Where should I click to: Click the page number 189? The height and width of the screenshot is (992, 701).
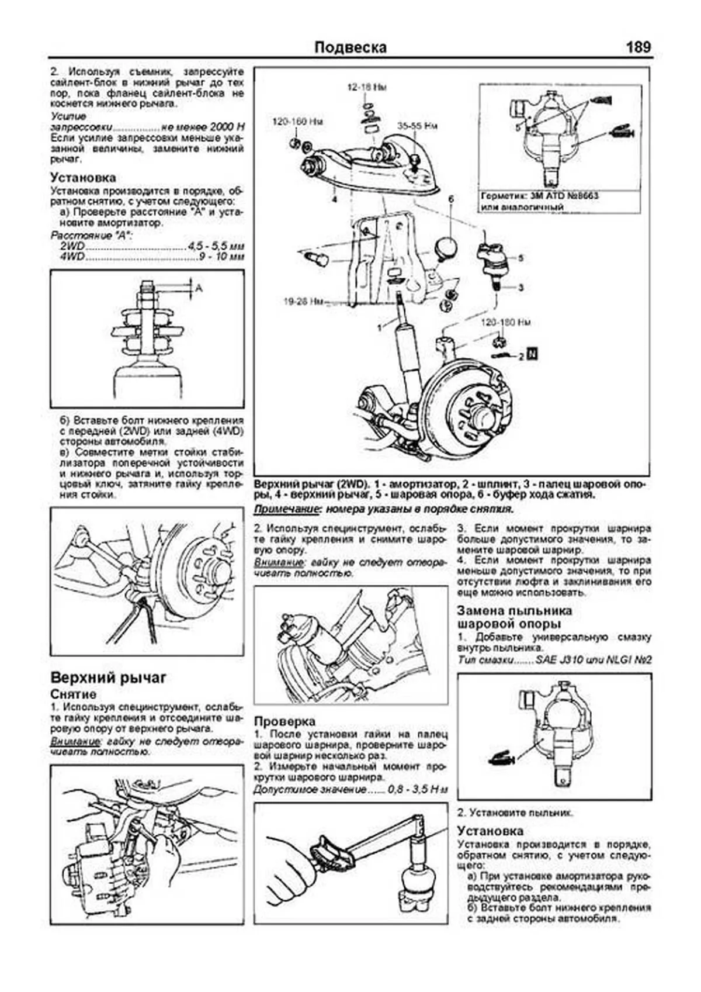(638, 47)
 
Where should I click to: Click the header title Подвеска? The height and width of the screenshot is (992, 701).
(350, 47)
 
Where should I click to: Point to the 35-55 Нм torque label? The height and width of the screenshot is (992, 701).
(417, 126)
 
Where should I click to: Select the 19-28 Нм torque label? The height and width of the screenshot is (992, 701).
(304, 302)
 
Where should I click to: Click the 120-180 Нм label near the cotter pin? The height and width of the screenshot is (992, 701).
(506, 322)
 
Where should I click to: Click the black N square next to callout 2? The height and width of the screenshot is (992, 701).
(532, 354)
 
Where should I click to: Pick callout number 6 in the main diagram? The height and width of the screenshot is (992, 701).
(450, 200)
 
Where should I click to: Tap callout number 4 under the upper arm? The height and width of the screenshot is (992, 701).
(335, 200)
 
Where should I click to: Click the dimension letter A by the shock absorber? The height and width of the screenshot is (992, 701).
(199, 288)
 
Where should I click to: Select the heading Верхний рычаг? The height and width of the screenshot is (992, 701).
(109, 678)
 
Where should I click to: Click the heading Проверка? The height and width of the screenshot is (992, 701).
(284, 721)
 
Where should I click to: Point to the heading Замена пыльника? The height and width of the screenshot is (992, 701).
(514, 611)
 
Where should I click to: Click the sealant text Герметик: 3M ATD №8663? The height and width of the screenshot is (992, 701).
(539, 196)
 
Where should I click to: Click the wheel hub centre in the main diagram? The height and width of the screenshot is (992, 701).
(484, 417)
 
